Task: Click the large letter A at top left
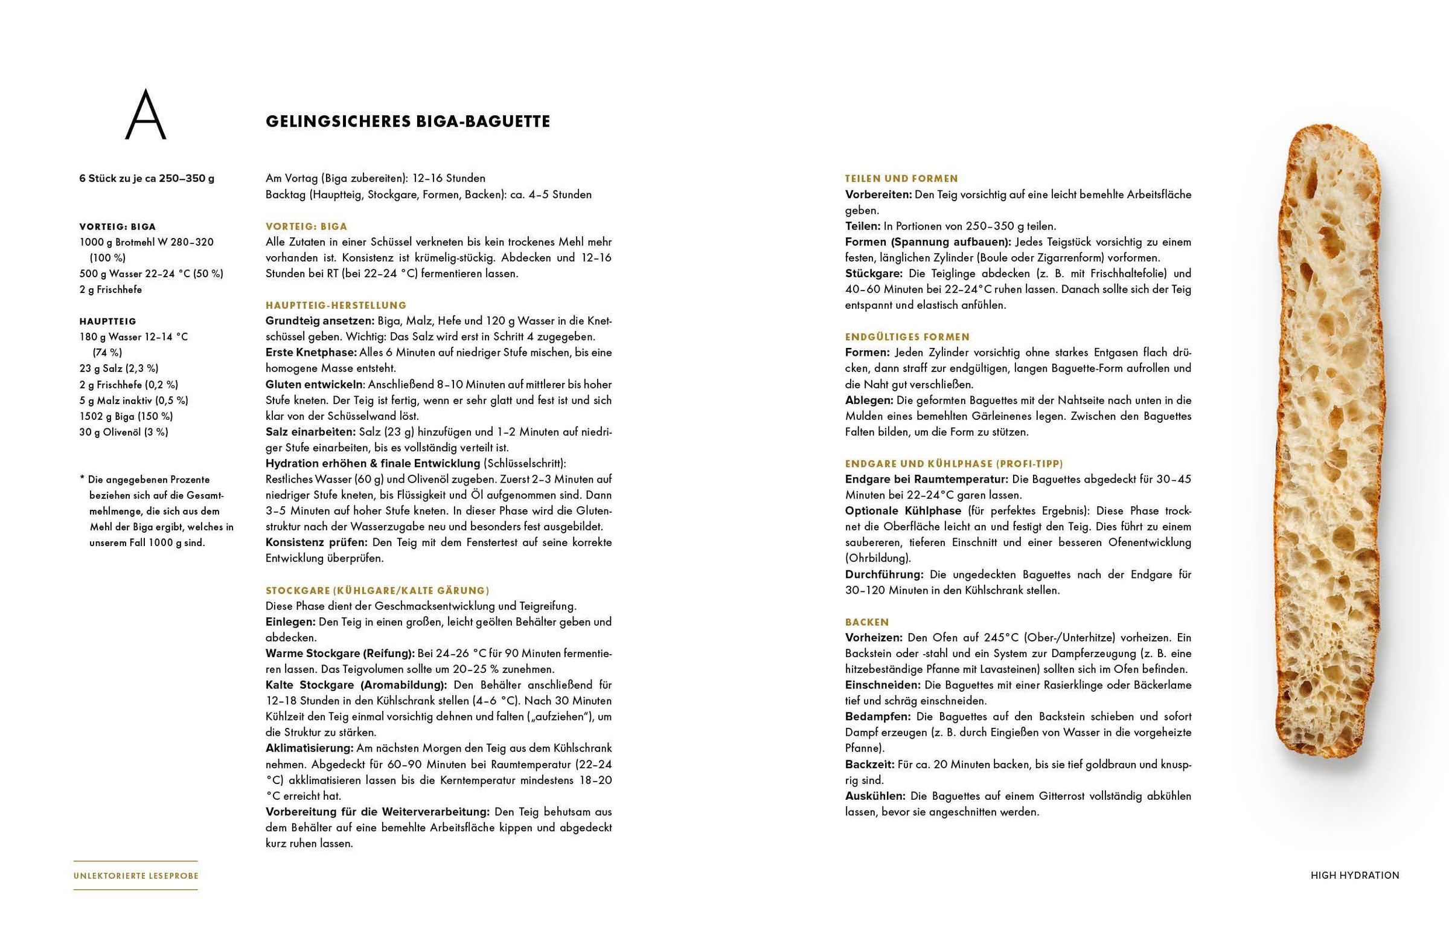tap(145, 115)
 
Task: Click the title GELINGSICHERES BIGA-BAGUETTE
tap(408, 121)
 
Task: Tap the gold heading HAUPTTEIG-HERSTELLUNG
tap(336, 306)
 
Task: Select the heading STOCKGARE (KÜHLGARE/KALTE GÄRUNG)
tap(377, 591)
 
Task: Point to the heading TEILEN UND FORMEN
tap(901, 179)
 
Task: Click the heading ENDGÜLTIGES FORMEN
tap(907, 337)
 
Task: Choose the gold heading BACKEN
tap(866, 622)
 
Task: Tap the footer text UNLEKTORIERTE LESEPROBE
tap(135, 876)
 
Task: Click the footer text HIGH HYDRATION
tap(1355, 875)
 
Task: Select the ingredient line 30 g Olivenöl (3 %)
tap(123, 432)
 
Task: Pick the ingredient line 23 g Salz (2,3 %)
tap(118, 368)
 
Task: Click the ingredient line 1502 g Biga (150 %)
tap(126, 416)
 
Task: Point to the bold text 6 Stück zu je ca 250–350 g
tap(146, 179)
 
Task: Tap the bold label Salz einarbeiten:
tap(310, 432)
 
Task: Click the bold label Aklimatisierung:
tap(309, 748)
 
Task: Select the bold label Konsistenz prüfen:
tap(316, 543)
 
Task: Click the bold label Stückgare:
tap(873, 274)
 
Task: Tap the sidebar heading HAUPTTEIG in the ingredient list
tap(107, 321)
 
